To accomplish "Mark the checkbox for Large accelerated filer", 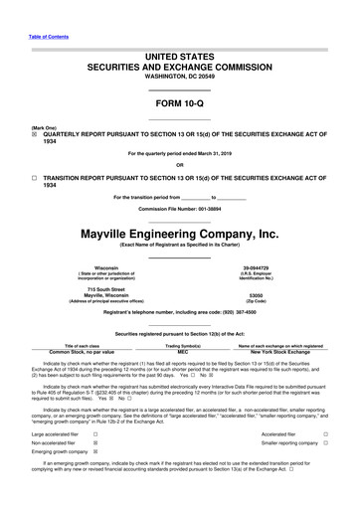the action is tap(94, 433).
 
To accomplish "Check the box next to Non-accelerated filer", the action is tap(94, 446).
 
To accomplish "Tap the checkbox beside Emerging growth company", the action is tap(94, 459).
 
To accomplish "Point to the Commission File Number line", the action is tap(179, 211).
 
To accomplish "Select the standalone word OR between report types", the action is tap(179, 164).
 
